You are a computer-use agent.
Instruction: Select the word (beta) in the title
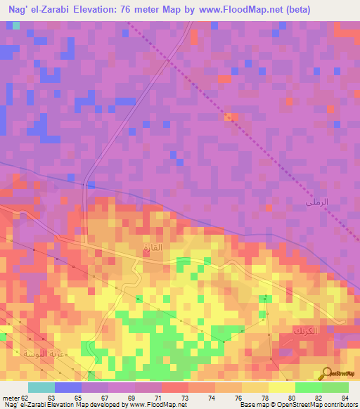coord(292,9)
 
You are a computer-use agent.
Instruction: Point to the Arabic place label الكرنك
coord(304,330)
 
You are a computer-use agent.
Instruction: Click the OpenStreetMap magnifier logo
coord(328,373)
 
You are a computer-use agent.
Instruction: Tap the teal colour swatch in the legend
coord(41,387)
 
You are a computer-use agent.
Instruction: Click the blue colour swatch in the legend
coord(68,387)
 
